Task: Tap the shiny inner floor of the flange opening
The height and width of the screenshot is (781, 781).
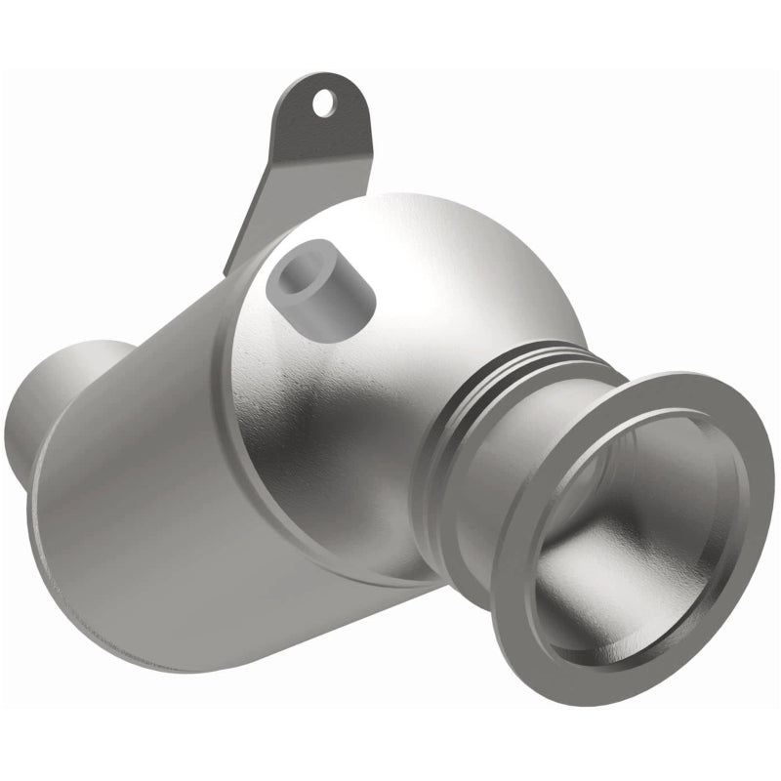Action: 625,576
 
